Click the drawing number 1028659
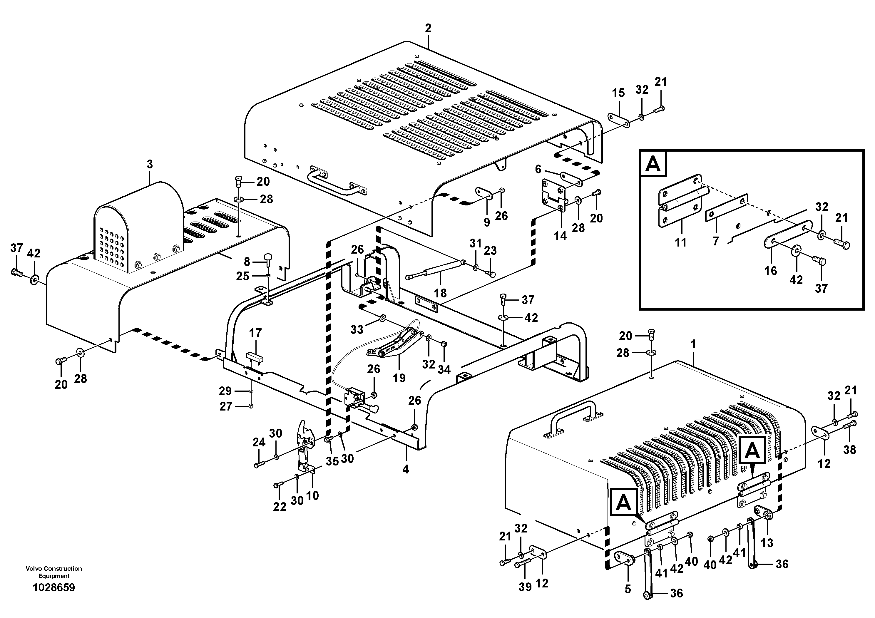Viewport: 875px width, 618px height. click(54, 587)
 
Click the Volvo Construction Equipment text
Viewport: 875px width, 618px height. click(54, 572)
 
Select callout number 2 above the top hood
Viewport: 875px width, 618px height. click(428, 28)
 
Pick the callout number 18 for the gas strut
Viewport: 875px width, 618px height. click(440, 293)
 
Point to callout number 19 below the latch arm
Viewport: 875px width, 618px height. click(399, 378)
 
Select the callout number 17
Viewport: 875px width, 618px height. click(255, 333)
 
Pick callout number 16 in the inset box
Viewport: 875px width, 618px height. click(770, 271)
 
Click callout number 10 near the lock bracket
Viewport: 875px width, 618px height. click(312, 496)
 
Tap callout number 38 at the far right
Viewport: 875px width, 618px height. click(849, 450)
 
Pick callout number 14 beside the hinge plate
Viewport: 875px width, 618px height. click(560, 236)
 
